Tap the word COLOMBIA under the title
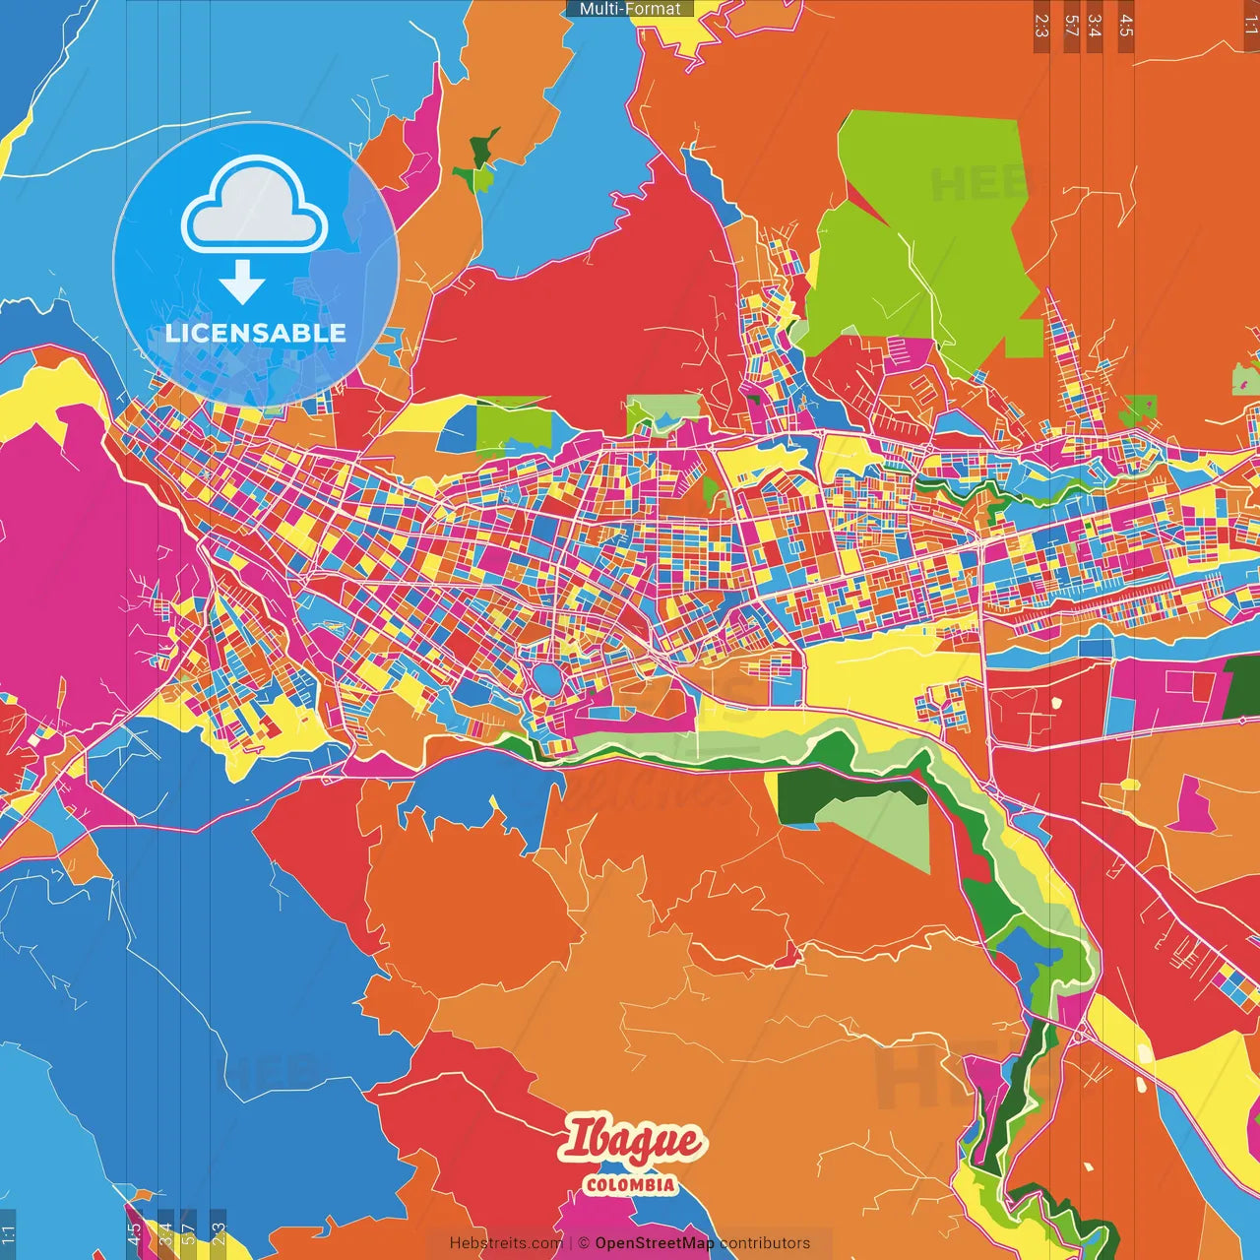[x=630, y=1185]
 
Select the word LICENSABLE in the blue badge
[x=256, y=333]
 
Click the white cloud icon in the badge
[x=255, y=208]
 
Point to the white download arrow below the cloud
[x=242, y=283]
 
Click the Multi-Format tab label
[x=630, y=9]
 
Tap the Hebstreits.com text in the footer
[x=506, y=1243]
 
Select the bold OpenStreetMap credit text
[x=654, y=1243]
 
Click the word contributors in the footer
[x=765, y=1243]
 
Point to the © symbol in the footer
[x=584, y=1243]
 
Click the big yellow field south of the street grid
[x=866, y=669]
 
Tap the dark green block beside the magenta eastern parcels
[x=1242, y=686]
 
